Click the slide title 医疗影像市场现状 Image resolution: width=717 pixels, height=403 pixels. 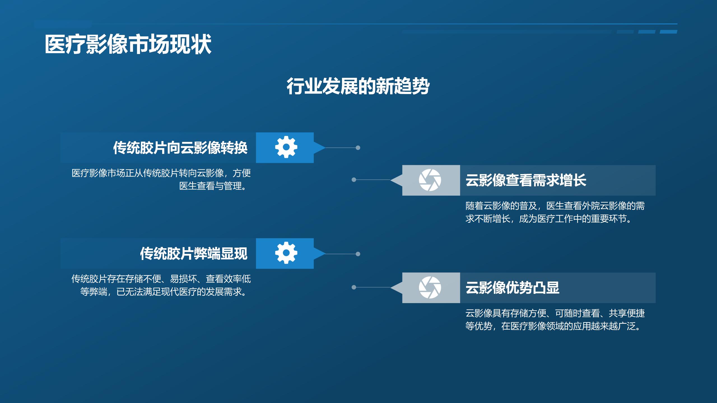pos(128,44)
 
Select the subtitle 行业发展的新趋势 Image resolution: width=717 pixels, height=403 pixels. pos(358,86)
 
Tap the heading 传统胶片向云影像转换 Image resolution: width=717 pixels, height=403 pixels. pos(180,148)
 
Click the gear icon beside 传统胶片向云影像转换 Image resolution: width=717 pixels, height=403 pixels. pos(286,147)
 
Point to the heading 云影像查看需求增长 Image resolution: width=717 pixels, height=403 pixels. pos(526,180)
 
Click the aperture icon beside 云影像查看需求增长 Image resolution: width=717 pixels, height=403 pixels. pos(430,180)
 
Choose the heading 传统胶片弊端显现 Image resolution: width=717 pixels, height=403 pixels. pos(194,254)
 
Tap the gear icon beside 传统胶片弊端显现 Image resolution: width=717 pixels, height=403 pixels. pos(286,253)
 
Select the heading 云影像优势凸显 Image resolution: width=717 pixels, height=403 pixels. pos(512,288)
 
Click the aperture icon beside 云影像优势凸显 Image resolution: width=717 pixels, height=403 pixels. pos(430,287)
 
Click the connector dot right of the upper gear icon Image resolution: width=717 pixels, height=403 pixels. pos(358,148)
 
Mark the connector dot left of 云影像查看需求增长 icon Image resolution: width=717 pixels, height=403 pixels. pos(354,180)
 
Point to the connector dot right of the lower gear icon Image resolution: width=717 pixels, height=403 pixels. pos(358,254)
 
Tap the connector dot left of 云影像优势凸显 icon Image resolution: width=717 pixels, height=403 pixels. pos(354,287)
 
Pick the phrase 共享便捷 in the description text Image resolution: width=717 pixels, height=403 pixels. pos(627,313)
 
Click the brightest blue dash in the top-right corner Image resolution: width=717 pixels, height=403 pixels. pos(668,32)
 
